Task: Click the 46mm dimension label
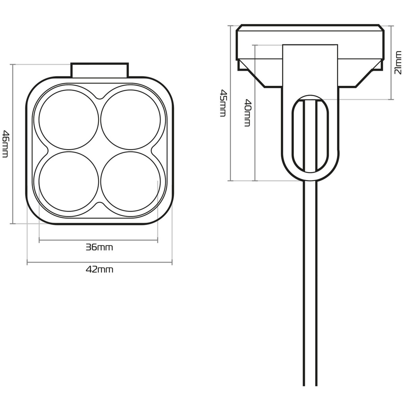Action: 5,144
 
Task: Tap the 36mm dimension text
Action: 99,248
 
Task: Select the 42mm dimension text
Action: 99,270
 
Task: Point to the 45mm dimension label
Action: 223,103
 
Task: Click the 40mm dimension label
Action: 247,113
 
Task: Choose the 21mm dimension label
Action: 398,63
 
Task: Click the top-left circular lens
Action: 69,119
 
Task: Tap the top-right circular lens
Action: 131,119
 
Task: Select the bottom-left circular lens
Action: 69,182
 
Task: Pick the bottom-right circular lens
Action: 131,182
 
